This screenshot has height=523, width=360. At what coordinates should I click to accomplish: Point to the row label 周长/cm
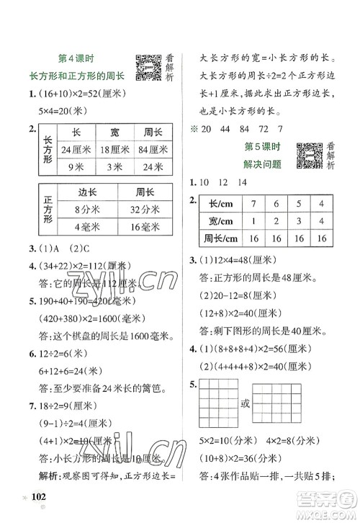221,238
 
